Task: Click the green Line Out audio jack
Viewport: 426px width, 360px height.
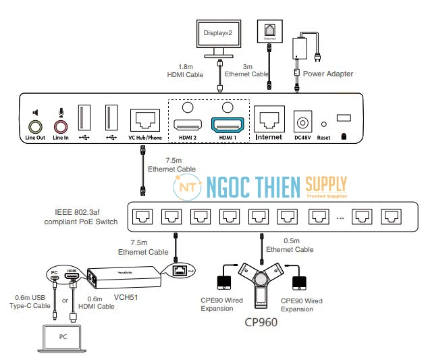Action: [36, 126]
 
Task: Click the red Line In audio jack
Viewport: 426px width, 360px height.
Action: [61, 126]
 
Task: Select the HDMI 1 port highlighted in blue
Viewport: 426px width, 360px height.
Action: [228, 125]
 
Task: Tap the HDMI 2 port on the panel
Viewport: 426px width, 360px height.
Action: [186, 125]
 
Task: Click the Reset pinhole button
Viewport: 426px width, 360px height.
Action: [323, 124]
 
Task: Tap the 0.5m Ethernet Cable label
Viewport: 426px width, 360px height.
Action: [297, 245]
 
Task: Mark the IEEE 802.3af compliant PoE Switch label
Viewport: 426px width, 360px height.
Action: [82, 217]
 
